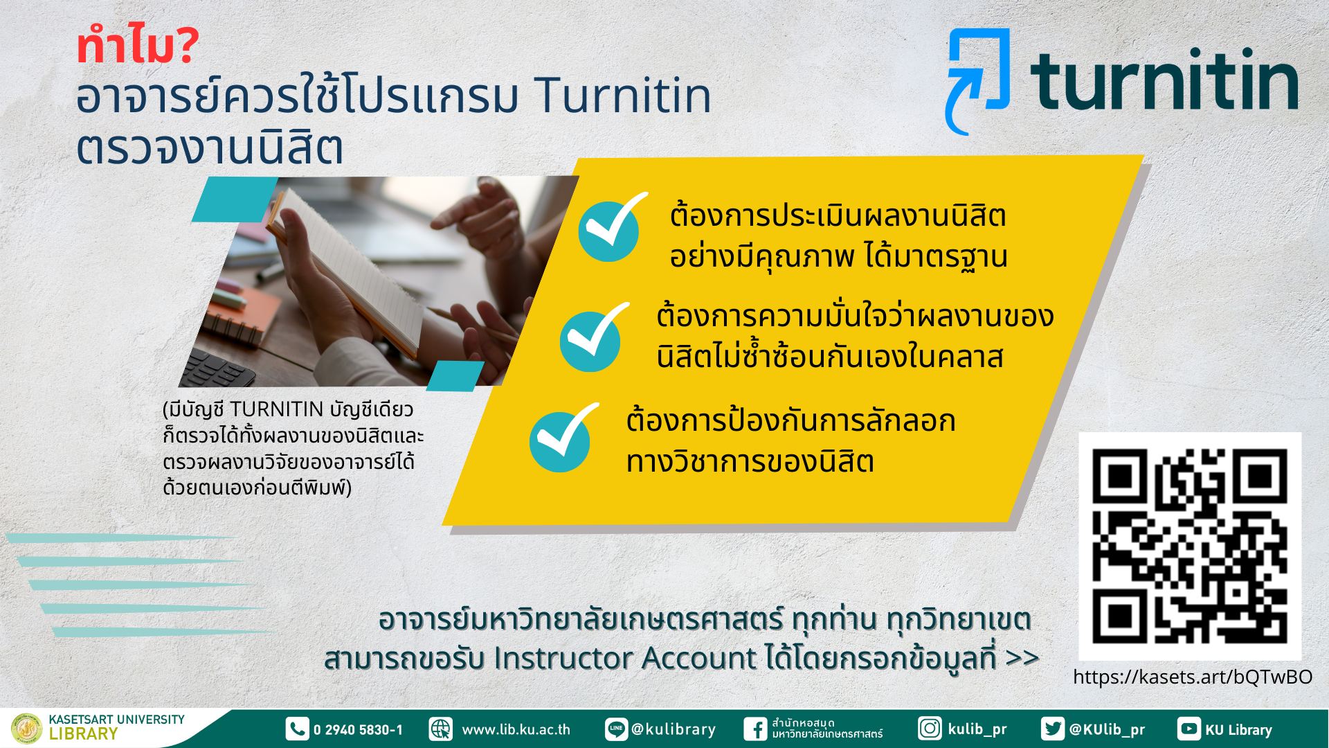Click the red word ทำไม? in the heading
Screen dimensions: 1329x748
point(138,46)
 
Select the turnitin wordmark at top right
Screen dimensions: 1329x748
point(1164,79)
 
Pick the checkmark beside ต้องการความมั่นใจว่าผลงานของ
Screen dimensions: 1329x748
point(593,338)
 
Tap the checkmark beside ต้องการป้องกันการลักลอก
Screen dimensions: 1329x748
point(563,438)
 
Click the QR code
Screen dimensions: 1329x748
point(1190,546)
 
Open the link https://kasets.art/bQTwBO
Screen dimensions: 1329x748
point(1192,677)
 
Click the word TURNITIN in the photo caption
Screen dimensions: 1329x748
point(276,409)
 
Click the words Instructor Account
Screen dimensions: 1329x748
point(625,658)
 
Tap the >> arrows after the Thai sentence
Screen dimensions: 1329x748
point(1022,657)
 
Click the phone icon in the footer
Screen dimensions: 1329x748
point(297,729)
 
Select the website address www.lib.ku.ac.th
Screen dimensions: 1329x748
point(516,729)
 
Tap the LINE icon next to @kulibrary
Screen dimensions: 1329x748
point(616,729)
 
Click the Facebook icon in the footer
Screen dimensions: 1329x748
point(756,729)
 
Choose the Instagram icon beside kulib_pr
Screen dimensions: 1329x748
point(930,729)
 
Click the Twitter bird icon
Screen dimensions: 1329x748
point(1053,729)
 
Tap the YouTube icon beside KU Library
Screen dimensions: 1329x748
point(1188,729)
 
